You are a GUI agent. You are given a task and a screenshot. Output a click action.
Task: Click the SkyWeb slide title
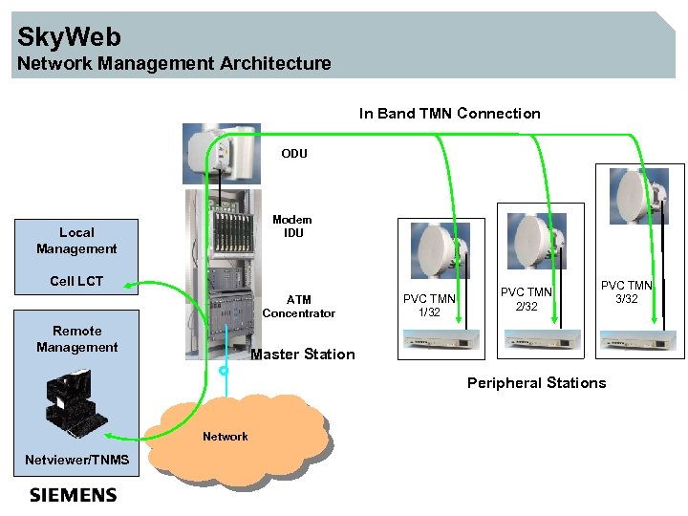pyautogui.click(x=70, y=37)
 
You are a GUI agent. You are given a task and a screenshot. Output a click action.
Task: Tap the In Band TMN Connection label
pyautogui.click(x=449, y=114)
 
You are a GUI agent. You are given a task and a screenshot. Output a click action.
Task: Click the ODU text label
pyautogui.click(x=293, y=154)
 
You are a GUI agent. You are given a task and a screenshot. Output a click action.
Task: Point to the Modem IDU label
pyautogui.click(x=292, y=226)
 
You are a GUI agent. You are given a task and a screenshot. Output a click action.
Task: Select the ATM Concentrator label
pyautogui.click(x=298, y=307)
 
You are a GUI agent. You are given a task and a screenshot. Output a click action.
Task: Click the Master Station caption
pyautogui.click(x=302, y=355)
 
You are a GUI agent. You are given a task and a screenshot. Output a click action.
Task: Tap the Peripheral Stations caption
pyautogui.click(x=536, y=383)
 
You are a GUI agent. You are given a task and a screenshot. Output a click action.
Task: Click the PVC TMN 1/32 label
pyautogui.click(x=429, y=306)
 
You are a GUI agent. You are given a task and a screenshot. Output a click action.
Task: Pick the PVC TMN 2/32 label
pyautogui.click(x=527, y=299)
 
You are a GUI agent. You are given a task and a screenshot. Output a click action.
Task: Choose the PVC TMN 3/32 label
pyautogui.click(x=626, y=292)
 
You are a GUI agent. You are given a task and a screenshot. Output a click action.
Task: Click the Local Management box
pyautogui.click(x=76, y=241)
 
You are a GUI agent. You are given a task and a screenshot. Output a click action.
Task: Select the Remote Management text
pyautogui.click(x=76, y=339)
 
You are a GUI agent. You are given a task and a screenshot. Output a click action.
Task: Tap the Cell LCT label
pyautogui.click(x=76, y=281)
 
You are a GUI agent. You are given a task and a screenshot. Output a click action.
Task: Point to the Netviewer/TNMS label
pyautogui.click(x=76, y=461)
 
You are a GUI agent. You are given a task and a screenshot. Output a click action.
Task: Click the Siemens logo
pyautogui.click(x=73, y=495)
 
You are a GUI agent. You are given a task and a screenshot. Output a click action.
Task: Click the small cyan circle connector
pyautogui.click(x=224, y=371)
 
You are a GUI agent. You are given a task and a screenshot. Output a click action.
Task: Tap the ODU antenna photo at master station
pyautogui.click(x=221, y=153)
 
